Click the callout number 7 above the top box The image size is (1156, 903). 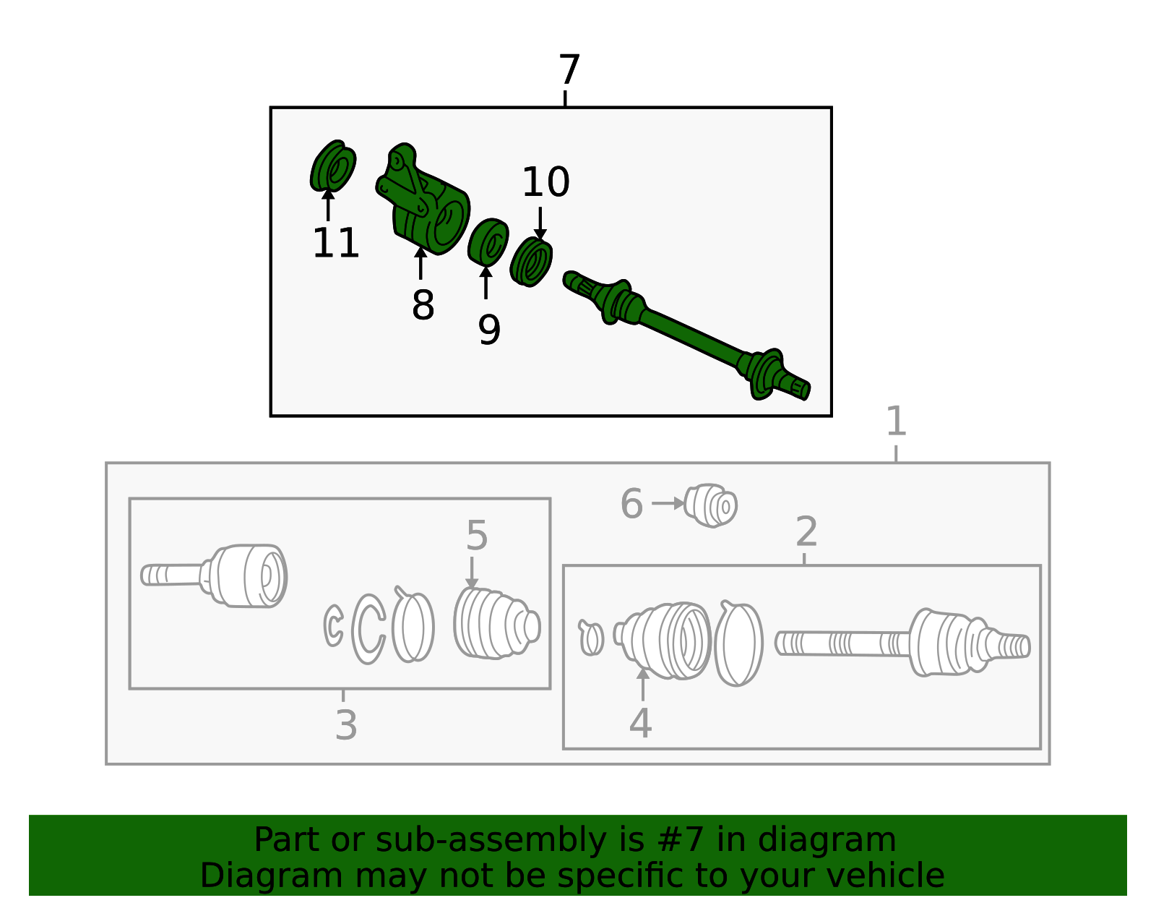pos(569,71)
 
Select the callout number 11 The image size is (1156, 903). pos(336,244)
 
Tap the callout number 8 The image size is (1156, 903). pos(423,305)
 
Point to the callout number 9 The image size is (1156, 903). pos(489,330)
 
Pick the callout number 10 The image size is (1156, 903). pos(546,182)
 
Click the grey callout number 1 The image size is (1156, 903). pos(896,421)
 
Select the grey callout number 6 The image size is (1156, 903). pos(631,504)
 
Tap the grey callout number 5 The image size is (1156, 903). pos(477,536)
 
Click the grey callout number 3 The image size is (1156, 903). pos(346,725)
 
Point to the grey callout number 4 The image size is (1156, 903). pos(641,723)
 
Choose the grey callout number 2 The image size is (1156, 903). pos(806,532)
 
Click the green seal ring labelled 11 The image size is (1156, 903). pos(333,167)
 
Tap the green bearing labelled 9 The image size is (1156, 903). pos(489,241)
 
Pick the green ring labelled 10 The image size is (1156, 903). pos(531,261)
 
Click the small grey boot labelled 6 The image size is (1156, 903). pos(712,505)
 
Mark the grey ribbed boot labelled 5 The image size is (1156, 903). pos(496,623)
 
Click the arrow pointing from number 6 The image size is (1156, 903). pos(668,503)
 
